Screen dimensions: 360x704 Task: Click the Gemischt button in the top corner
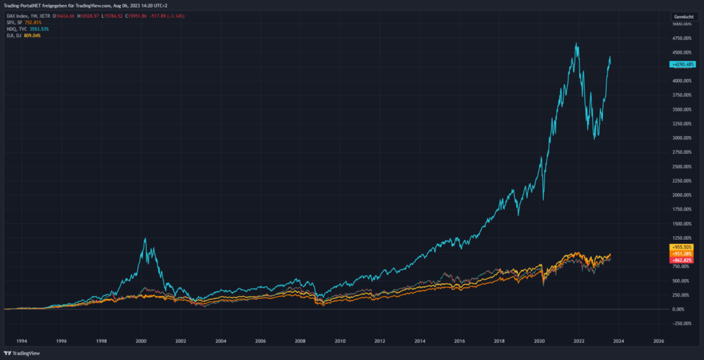[684, 15]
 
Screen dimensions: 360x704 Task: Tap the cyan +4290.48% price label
[683, 64]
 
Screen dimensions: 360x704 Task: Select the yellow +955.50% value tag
[681, 247]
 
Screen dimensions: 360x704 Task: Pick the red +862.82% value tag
[681, 260]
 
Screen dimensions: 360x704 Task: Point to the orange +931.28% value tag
[681, 253]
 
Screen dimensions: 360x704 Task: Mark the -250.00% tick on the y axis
[681, 324]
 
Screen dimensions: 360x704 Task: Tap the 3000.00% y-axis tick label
[681, 138]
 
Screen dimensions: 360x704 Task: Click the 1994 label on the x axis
[22, 340]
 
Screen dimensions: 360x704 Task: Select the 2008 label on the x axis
[300, 340]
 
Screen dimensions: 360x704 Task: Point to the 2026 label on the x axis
[658, 340]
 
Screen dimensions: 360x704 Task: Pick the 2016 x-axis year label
[459, 340]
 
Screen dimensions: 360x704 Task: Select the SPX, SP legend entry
[14, 23]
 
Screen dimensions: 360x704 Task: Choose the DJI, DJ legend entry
[13, 35]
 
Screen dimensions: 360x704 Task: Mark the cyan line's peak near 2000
[144, 238]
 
